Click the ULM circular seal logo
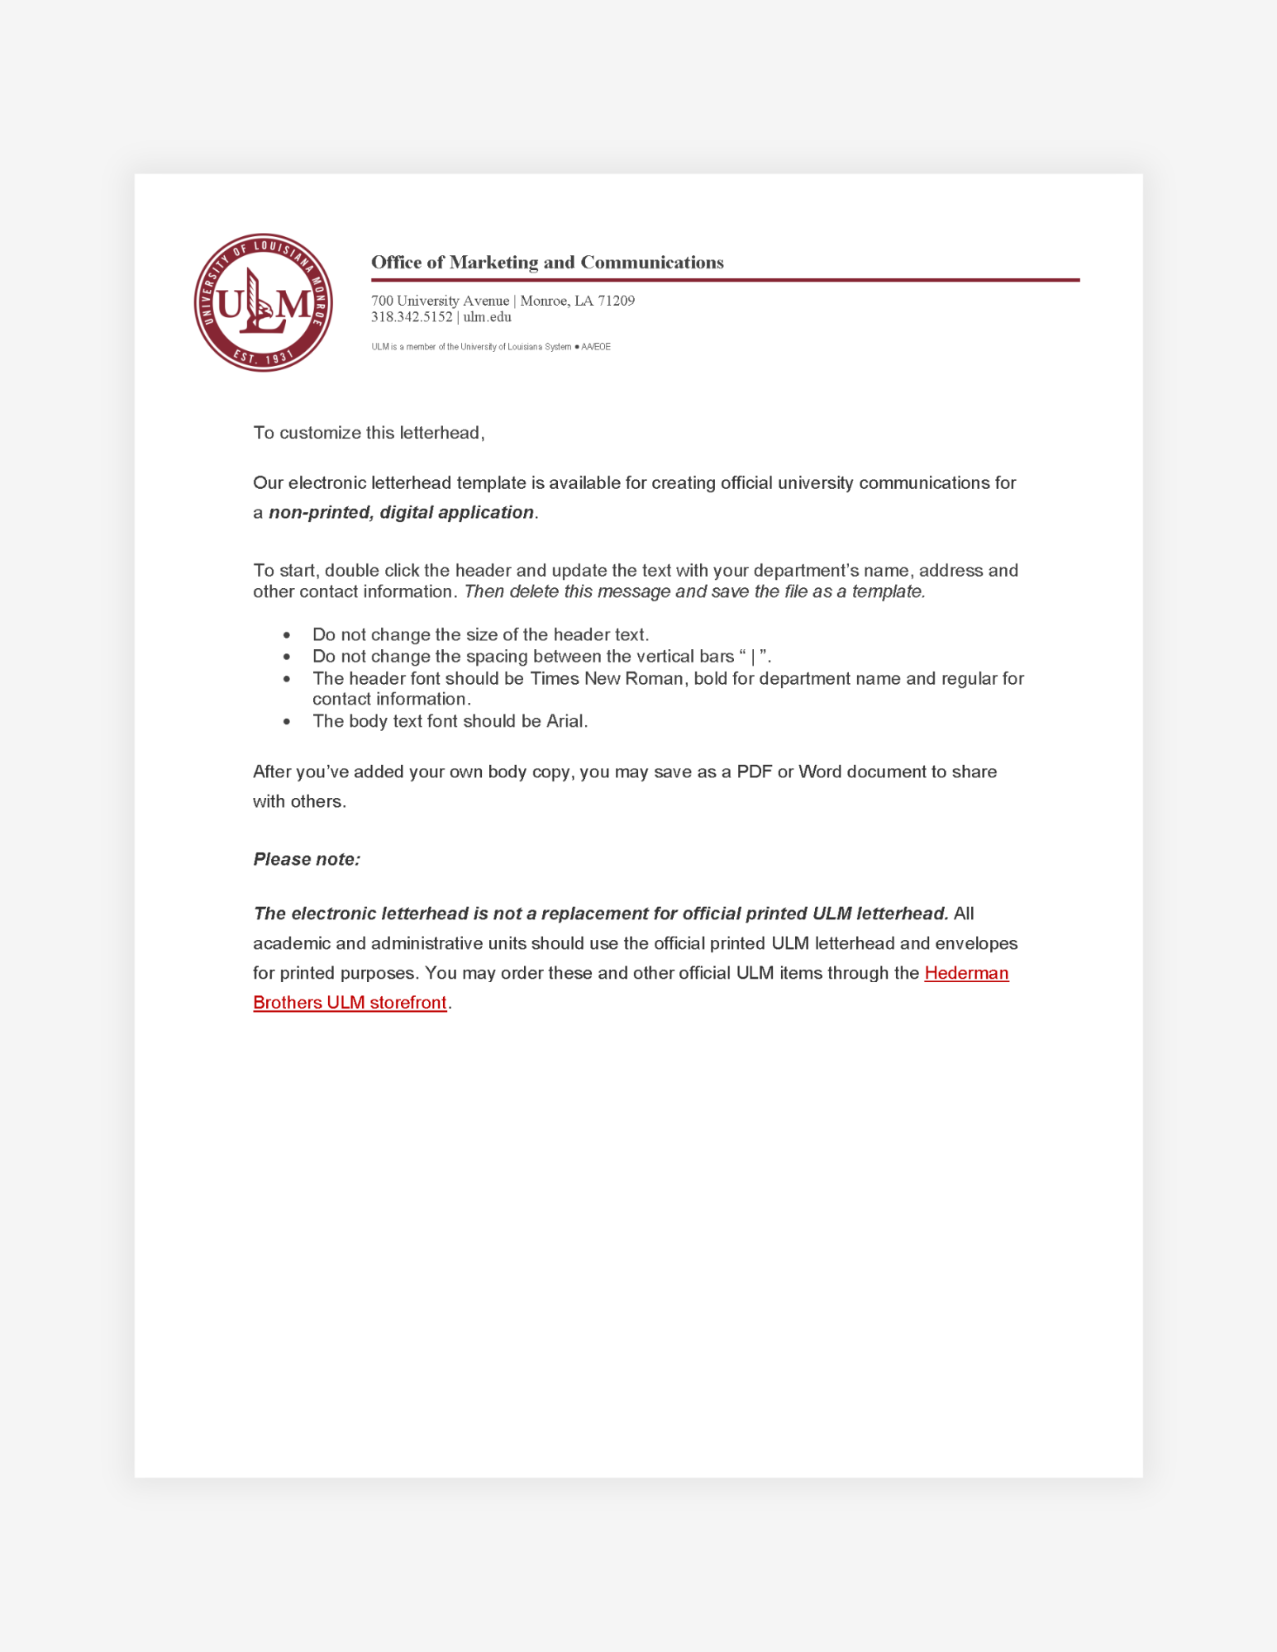[x=263, y=302]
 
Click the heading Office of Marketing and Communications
[x=546, y=262]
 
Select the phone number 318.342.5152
[x=411, y=317]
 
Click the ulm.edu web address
[x=487, y=317]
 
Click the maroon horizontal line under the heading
[x=724, y=280]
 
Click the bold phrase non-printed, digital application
[x=401, y=512]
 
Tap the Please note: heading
[x=306, y=859]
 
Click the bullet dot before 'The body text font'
[x=286, y=721]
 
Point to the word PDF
[x=754, y=771]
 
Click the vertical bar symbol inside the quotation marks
[x=753, y=657]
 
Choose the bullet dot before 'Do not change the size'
[x=286, y=634]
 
